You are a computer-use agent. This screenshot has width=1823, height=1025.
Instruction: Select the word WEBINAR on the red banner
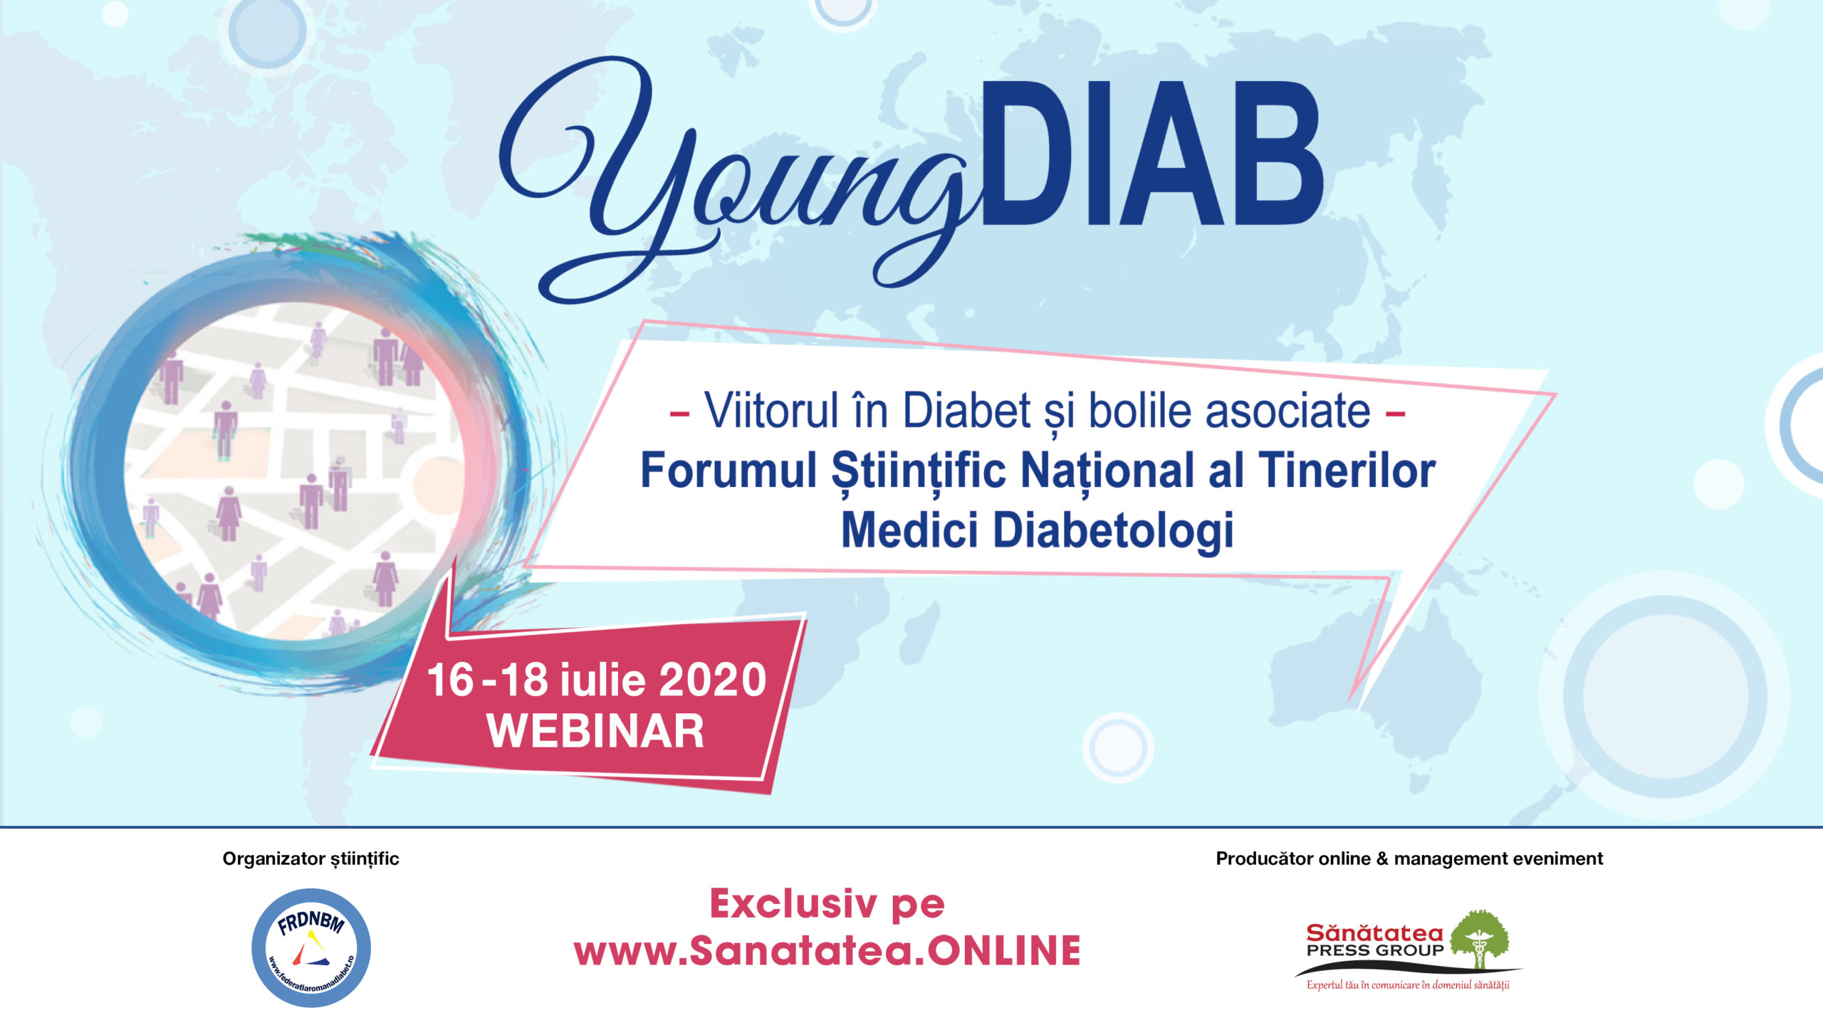click(x=595, y=731)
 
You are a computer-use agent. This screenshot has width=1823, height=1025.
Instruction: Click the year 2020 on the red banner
click(x=713, y=680)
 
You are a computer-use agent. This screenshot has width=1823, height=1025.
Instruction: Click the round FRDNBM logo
click(x=311, y=947)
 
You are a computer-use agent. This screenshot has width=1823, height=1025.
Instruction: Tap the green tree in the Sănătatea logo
click(x=1480, y=940)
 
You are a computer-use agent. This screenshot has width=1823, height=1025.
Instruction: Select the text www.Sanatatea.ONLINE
click(x=827, y=951)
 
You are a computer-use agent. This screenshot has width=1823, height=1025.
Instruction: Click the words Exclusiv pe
click(x=827, y=905)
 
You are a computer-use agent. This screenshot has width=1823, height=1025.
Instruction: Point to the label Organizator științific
click(x=310, y=859)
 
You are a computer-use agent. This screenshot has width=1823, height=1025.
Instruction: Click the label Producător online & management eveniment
click(x=1409, y=859)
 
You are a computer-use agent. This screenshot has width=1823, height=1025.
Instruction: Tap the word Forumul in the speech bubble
click(x=728, y=471)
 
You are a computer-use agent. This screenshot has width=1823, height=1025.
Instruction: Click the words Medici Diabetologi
click(x=1037, y=531)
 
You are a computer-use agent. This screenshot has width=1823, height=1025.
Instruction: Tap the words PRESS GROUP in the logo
click(x=1374, y=950)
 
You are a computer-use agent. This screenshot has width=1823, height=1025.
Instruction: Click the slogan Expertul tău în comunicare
click(x=1408, y=986)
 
